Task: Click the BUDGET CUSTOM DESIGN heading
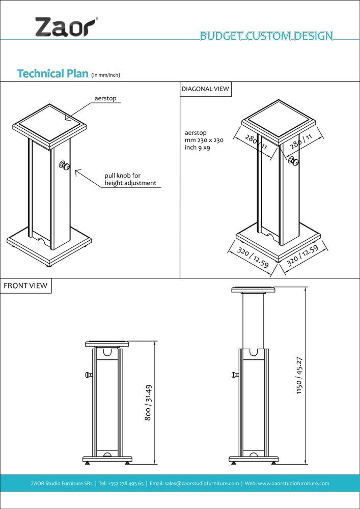pyautogui.click(x=266, y=36)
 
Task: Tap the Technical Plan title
pyautogui.click(x=53, y=73)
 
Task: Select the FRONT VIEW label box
pyautogui.click(x=25, y=286)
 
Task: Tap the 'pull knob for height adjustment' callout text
pyautogui.click(x=130, y=179)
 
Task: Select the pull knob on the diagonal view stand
pyautogui.click(x=293, y=161)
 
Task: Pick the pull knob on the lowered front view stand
pyautogui.click(x=88, y=376)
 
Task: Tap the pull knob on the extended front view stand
pyautogui.click(x=234, y=376)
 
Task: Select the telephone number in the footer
pyautogui.click(x=122, y=483)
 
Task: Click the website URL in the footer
pyautogui.click(x=294, y=483)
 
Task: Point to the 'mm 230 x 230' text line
pyautogui.click(x=204, y=140)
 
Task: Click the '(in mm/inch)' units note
pyautogui.click(x=105, y=75)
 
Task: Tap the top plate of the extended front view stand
pyautogui.click(x=253, y=290)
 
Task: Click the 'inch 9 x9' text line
pyautogui.click(x=198, y=148)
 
